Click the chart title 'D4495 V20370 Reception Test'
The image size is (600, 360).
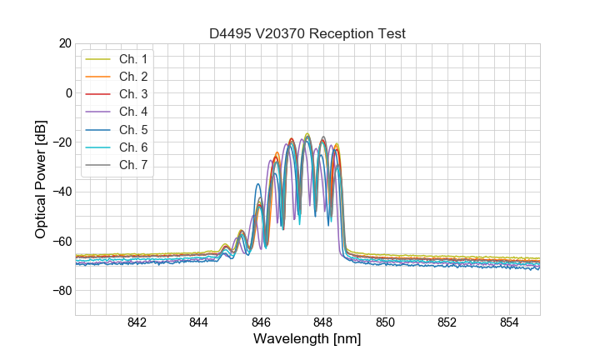[x=307, y=34]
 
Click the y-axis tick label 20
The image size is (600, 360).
[x=64, y=43]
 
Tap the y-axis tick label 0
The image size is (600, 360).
[x=67, y=92]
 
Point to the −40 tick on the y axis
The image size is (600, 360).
[x=61, y=192]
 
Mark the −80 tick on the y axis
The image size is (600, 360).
[x=61, y=291]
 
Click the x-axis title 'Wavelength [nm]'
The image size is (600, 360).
[x=307, y=340]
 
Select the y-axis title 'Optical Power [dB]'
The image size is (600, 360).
[x=40, y=179]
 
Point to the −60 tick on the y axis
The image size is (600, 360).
[x=61, y=242]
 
